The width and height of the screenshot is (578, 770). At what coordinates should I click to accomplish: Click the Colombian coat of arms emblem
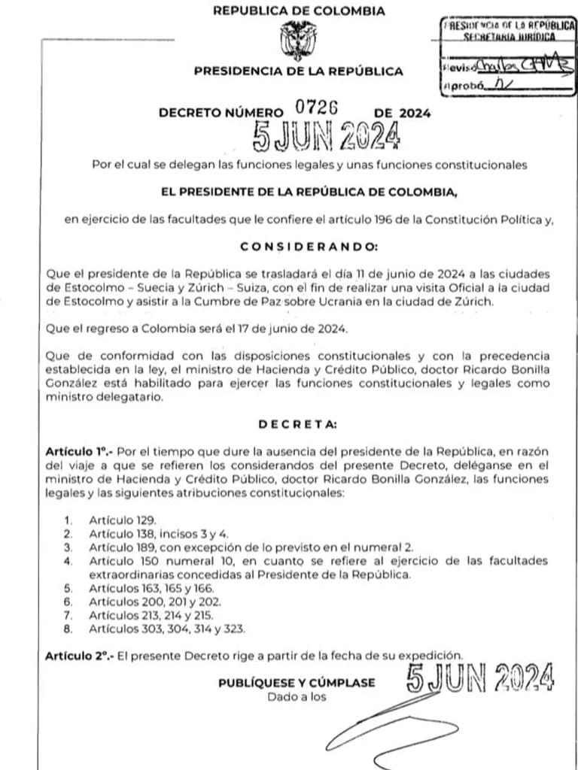[x=299, y=41]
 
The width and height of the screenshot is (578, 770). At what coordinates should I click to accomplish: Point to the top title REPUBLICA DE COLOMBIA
[x=299, y=11]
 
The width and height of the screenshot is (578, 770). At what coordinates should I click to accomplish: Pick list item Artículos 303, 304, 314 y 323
[x=166, y=628]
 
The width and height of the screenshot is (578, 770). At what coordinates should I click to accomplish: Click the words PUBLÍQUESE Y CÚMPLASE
[x=296, y=683]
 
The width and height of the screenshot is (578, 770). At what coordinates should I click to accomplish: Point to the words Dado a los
[x=297, y=697]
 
